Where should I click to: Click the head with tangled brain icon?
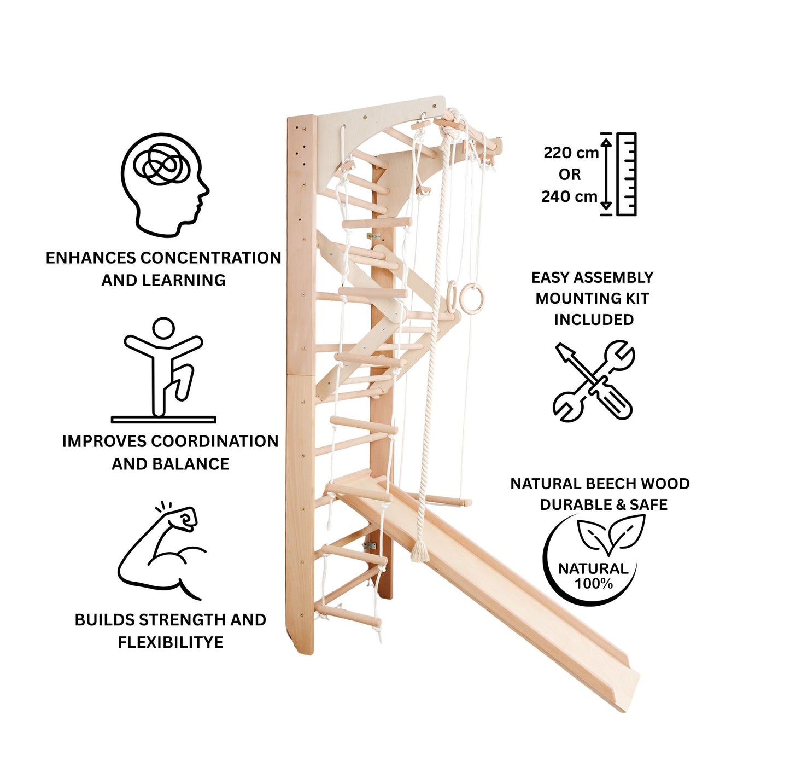pyautogui.click(x=165, y=184)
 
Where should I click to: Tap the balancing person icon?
pyautogui.click(x=163, y=370)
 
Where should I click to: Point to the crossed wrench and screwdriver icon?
pyautogui.click(x=594, y=380)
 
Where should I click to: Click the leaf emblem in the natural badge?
pyautogui.click(x=611, y=534)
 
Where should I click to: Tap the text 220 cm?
pyautogui.click(x=571, y=153)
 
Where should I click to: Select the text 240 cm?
pyautogui.click(x=570, y=197)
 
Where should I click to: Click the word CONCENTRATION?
pyautogui.click(x=211, y=258)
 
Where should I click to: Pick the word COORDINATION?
pyautogui.click(x=215, y=441)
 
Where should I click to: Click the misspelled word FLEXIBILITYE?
pyautogui.click(x=171, y=642)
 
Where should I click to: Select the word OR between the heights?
pyautogui.click(x=570, y=175)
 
